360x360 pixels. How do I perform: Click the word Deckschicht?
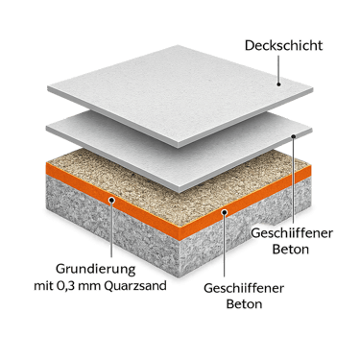click(283, 45)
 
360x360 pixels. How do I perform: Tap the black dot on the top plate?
click(278, 84)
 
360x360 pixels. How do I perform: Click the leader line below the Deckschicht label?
click(278, 68)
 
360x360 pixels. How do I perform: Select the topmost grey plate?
click(180, 95)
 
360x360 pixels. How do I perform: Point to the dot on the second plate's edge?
click(294, 136)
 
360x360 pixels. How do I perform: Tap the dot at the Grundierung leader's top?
click(111, 200)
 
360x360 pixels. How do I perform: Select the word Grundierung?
click(96, 270)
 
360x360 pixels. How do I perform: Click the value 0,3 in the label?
click(65, 285)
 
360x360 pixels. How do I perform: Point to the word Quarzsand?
click(135, 286)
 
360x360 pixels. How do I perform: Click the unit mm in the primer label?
click(89, 286)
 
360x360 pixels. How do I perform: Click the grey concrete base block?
click(179, 233)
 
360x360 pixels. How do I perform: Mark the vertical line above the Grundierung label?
click(111, 229)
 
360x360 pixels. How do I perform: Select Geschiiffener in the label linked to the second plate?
click(292, 233)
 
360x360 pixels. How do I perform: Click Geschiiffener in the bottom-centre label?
click(244, 288)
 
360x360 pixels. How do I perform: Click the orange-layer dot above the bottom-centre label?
click(225, 212)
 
